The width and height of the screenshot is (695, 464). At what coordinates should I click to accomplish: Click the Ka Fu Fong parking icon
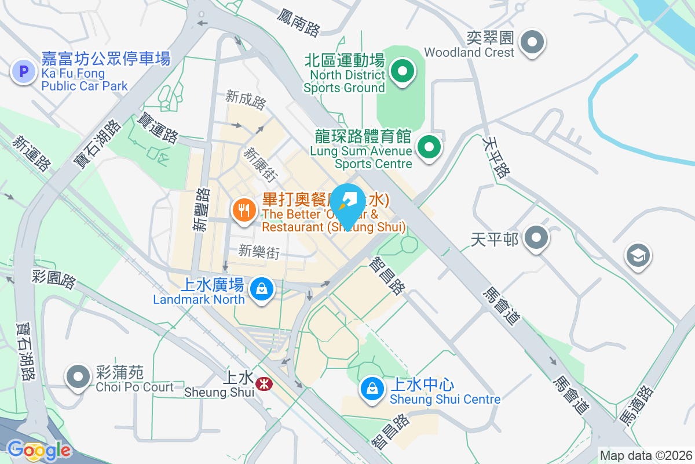pos(24,72)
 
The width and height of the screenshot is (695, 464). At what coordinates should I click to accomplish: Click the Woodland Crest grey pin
pos(532,42)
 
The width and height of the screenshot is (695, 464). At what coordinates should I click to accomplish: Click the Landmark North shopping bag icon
pos(262,288)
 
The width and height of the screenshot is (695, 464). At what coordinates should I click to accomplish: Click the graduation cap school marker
pos(638,256)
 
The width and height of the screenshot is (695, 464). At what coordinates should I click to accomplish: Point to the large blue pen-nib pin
pos(348,204)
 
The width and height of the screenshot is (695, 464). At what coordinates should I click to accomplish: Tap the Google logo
pos(39,450)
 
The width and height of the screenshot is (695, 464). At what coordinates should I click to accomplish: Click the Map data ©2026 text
pos(646,455)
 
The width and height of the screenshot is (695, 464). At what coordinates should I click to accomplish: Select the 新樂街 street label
pos(259,252)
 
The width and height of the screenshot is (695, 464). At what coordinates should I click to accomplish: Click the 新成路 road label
pos(246,100)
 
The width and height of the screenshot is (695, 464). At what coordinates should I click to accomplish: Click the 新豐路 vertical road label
pos(201,209)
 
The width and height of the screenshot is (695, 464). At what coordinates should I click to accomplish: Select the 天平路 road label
pos(496,157)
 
